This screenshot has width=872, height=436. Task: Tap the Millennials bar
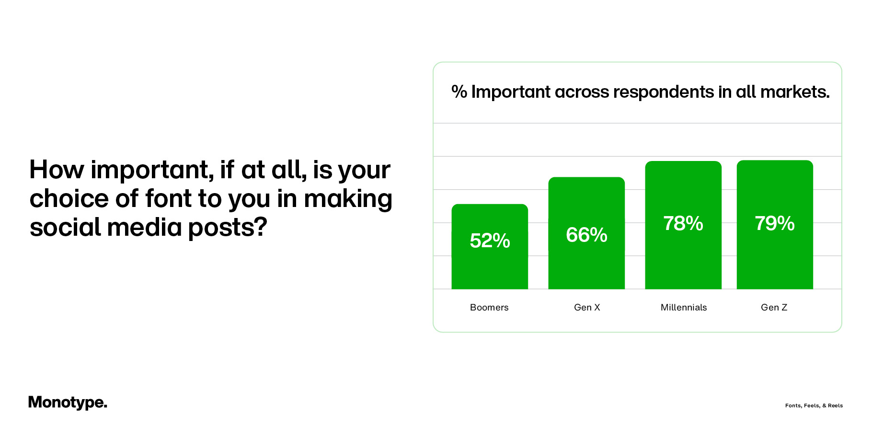click(x=683, y=259)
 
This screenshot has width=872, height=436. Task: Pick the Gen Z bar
click(x=775, y=259)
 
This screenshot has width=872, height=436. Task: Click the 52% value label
click(x=490, y=241)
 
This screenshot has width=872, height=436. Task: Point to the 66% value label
click(x=586, y=235)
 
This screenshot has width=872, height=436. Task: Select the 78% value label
click(x=683, y=223)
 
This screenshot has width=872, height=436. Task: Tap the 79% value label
click(x=775, y=223)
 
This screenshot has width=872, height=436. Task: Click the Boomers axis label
click(x=489, y=308)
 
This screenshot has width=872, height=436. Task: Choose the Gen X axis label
click(x=587, y=308)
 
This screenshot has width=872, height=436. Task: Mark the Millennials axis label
click(x=684, y=308)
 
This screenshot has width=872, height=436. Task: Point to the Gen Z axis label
click(x=774, y=308)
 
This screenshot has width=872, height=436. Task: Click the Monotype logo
click(x=68, y=402)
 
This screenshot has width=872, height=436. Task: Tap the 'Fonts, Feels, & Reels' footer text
click(x=814, y=405)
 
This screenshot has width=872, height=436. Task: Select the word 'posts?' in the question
click(x=228, y=227)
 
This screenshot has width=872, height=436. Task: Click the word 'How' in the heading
click(x=57, y=170)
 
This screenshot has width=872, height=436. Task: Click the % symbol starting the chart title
click(x=459, y=92)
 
